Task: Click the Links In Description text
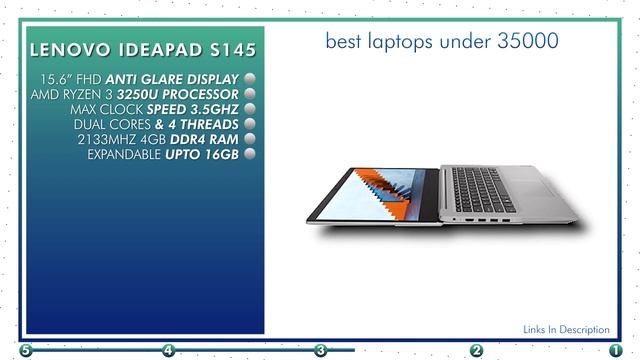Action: point(566,329)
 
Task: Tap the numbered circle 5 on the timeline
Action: point(25,351)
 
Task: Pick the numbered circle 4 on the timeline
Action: point(168,351)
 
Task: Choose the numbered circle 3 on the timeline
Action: point(321,351)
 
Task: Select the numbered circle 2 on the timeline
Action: point(477,351)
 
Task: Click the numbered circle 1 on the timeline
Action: point(615,351)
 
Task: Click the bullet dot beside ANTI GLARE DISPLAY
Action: point(249,78)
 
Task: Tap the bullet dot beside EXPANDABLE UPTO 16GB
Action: point(249,154)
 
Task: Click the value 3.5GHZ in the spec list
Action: point(207,109)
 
